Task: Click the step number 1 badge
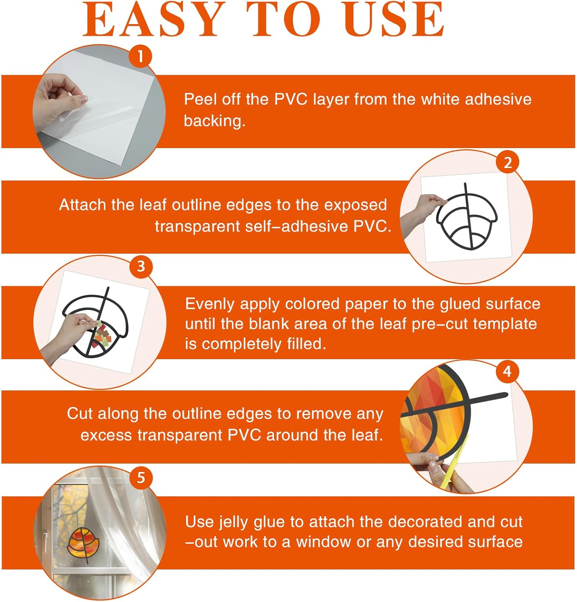[140, 56]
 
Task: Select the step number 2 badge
[507, 162]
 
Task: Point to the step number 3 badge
[141, 266]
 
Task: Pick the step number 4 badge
[507, 371]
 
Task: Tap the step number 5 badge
[141, 478]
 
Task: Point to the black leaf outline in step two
[467, 217]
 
